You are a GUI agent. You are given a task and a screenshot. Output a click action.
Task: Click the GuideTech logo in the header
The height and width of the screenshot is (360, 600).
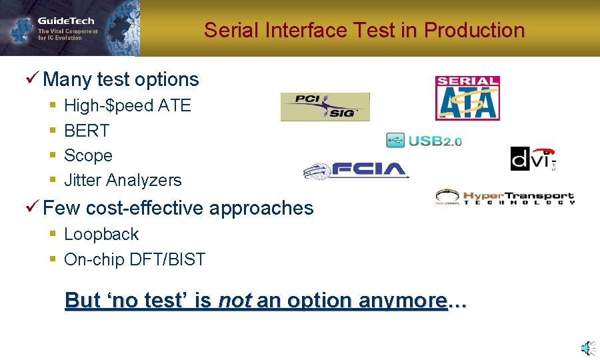tap(67, 28)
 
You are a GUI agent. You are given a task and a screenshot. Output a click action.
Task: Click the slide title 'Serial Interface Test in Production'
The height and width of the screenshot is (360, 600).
tap(364, 31)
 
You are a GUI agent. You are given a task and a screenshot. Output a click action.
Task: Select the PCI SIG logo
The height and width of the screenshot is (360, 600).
tap(325, 107)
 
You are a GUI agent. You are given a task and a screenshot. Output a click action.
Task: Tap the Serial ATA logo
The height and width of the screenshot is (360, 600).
tap(467, 98)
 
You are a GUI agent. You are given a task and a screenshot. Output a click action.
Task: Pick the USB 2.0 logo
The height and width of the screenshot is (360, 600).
tap(424, 141)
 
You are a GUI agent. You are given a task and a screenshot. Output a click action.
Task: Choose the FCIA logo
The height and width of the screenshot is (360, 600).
tap(355, 171)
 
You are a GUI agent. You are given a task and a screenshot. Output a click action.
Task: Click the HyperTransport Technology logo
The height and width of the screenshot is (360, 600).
tap(505, 197)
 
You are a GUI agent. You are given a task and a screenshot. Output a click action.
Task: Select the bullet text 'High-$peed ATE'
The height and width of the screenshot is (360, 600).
tap(127, 105)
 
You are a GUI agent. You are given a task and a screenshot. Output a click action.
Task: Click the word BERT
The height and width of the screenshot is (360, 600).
tap(87, 131)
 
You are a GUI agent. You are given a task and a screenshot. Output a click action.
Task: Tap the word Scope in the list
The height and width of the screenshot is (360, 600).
tap(88, 155)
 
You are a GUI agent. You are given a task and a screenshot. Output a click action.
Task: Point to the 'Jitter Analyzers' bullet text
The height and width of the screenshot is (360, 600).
tap(123, 180)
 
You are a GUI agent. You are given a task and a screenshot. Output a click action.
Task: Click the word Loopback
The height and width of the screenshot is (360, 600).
tap(101, 234)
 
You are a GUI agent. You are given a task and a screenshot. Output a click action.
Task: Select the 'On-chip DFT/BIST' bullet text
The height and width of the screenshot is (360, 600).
tap(135, 259)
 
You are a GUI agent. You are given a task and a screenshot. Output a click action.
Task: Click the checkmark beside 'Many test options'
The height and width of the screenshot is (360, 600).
tap(31, 79)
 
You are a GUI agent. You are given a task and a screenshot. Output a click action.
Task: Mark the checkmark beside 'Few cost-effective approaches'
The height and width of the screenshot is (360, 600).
tap(31, 207)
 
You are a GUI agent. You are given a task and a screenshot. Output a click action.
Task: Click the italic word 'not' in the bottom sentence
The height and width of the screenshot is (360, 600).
tap(234, 301)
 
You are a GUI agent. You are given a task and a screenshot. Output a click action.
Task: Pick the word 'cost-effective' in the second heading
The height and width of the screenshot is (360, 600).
tap(143, 208)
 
